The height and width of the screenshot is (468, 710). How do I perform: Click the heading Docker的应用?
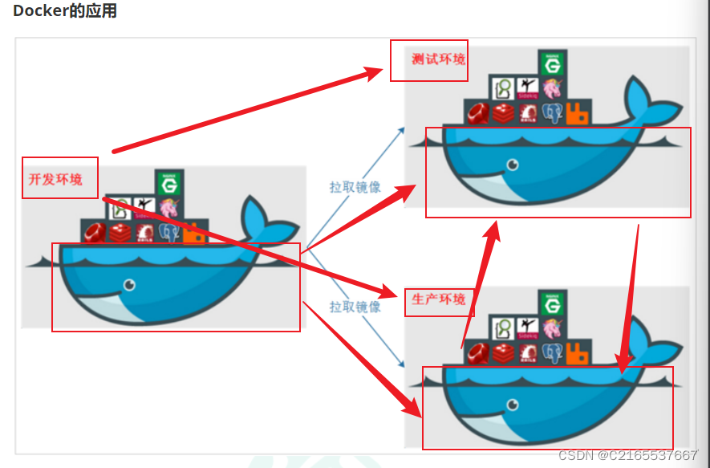click(65, 11)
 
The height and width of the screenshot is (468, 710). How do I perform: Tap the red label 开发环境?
click(55, 179)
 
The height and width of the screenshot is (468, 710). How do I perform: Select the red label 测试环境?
click(438, 59)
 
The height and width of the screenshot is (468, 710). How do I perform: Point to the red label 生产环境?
click(438, 299)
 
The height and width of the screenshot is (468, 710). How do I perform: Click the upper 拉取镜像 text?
click(355, 187)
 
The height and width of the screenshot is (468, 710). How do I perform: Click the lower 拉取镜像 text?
click(355, 307)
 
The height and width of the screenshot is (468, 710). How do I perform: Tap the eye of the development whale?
click(128, 285)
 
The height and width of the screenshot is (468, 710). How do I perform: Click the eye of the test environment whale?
click(512, 165)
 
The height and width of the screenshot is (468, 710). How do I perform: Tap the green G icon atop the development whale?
click(169, 184)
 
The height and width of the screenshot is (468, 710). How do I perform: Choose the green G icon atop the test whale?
click(553, 63)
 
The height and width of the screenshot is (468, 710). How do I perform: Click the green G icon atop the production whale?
click(553, 303)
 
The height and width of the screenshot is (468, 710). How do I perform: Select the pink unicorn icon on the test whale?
click(552, 88)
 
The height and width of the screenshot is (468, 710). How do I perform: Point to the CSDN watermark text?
click(628, 455)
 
